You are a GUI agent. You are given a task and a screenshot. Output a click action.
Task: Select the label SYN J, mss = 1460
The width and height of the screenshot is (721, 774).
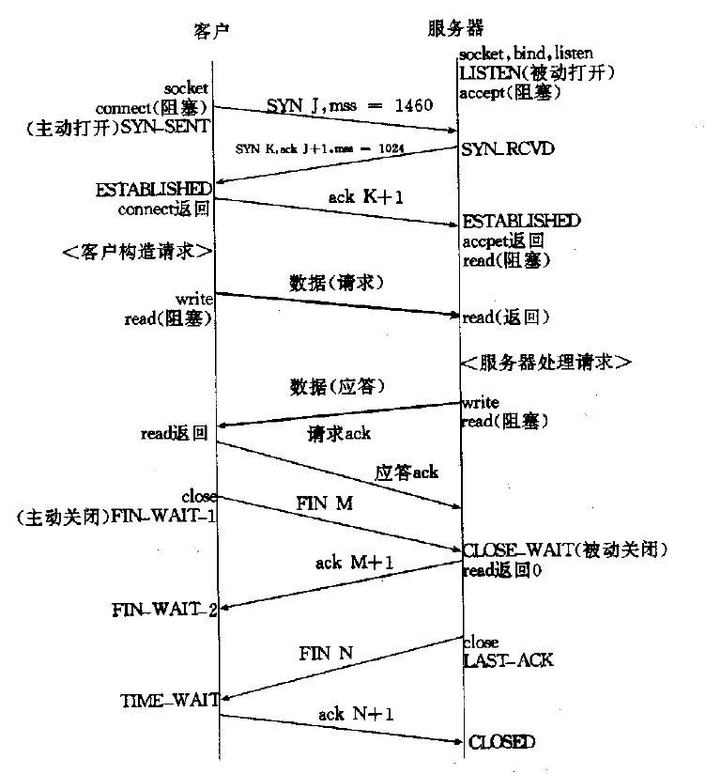click(336, 105)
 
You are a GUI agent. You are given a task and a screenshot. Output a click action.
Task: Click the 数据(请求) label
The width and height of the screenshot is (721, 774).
click(338, 282)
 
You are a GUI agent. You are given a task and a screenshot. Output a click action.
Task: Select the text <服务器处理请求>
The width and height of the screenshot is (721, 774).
click(545, 362)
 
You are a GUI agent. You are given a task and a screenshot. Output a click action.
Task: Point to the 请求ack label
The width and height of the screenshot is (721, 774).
click(339, 433)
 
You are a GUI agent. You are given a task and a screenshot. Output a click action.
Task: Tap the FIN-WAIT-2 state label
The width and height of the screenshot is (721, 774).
click(164, 611)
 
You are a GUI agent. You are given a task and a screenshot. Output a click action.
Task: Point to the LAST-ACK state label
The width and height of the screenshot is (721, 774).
click(508, 660)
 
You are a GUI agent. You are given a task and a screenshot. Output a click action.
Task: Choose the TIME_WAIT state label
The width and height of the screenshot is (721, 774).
click(169, 700)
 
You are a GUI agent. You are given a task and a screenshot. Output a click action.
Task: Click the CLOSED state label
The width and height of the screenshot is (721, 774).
click(502, 742)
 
